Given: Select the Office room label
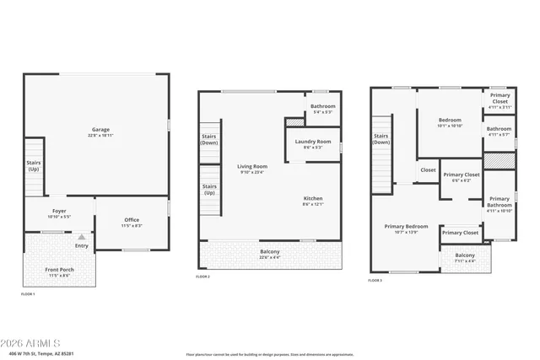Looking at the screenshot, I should pos(131,223).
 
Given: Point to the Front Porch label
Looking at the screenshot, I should pos(57,273).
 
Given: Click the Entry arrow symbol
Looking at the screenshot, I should pos(82,238).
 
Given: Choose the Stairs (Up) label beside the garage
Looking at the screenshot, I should pos(34,166).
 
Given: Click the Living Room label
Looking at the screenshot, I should pos(251,169).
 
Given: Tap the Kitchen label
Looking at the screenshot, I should pos(312,201).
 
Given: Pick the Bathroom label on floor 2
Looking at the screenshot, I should pos(323,109).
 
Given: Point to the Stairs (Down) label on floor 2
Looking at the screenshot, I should pos(209,139).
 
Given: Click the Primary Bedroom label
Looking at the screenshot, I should pos(407,228).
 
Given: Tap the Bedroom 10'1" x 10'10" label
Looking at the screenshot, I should pos(450,122).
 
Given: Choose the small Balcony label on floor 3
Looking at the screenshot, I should pos(465,258).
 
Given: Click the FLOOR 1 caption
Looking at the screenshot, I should pos(28,294).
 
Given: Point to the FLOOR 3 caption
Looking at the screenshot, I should pos(375,280).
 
